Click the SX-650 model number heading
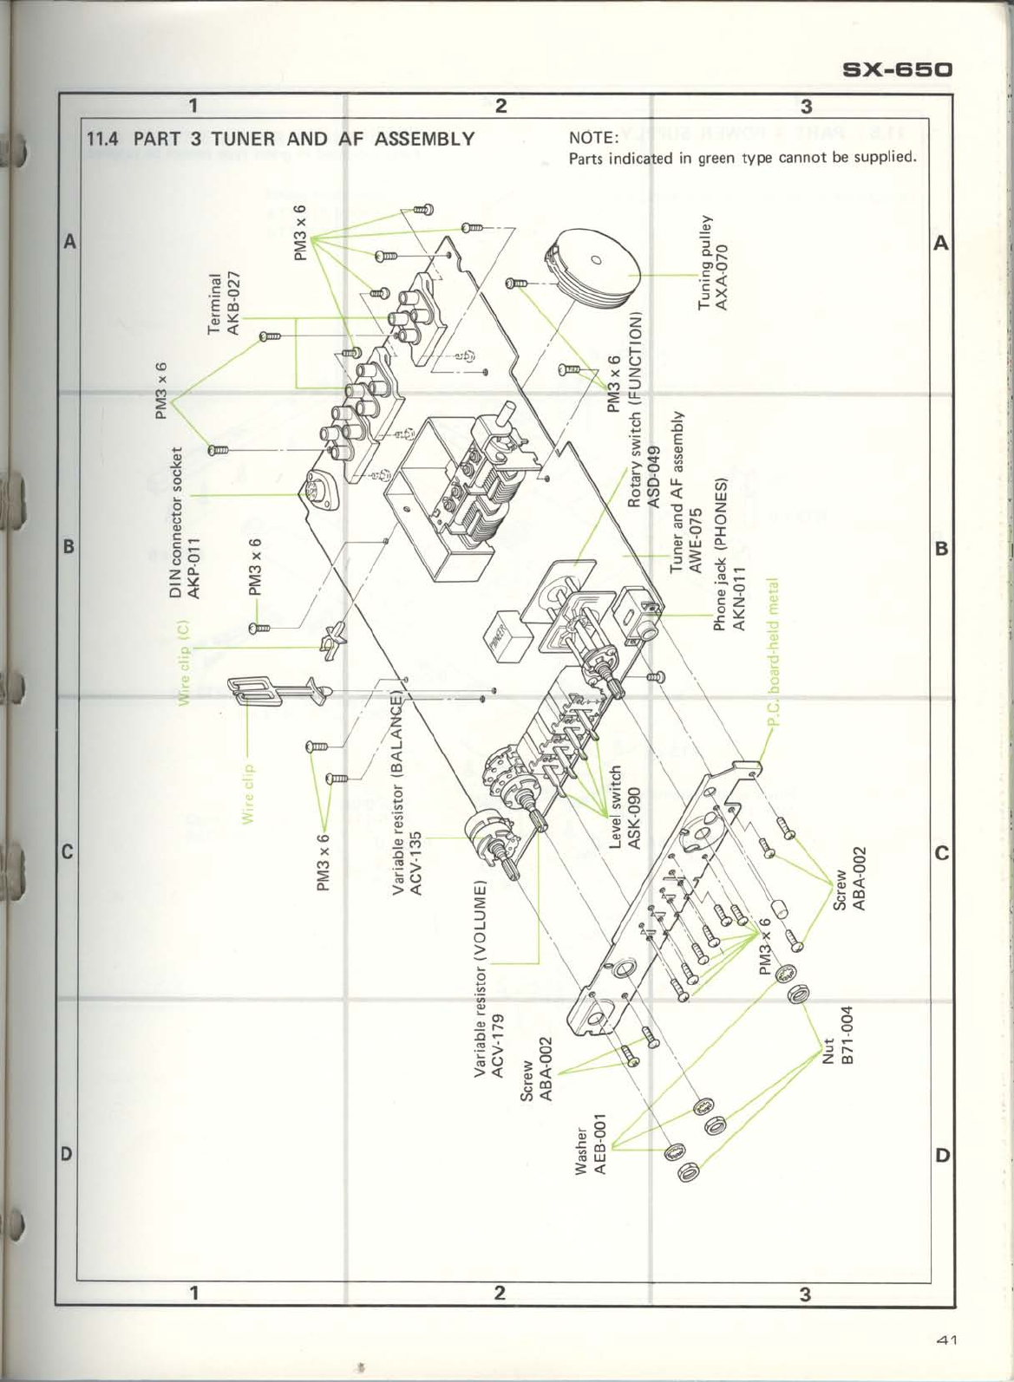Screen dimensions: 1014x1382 [x=897, y=68]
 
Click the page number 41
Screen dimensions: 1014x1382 [x=945, y=1340]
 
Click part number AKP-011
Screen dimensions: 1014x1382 [x=194, y=569]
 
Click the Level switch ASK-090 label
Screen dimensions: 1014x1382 [x=625, y=807]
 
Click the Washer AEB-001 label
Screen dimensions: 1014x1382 [x=591, y=1144]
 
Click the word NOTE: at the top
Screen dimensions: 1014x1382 [x=592, y=138]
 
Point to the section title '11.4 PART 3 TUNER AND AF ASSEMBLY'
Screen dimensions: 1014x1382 [x=280, y=138]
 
